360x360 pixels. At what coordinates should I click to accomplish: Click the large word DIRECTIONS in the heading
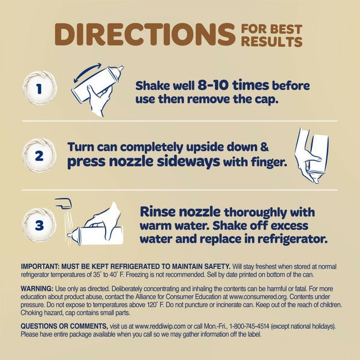point(145,34)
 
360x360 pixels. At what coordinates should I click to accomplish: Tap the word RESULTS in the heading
point(272,42)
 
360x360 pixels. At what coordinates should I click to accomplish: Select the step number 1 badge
point(40,88)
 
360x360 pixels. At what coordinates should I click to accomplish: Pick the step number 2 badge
point(39,155)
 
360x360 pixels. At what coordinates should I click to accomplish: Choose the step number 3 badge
point(39,225)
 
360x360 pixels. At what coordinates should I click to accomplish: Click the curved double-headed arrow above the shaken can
point(87,71)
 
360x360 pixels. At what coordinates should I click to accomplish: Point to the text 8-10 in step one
point(213,85)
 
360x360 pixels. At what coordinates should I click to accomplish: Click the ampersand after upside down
point(264,146)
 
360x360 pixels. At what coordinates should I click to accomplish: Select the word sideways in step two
point(188,161)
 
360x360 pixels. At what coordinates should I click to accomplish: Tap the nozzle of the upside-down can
point(316,179)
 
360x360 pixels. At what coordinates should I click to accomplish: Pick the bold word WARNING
point(37,289)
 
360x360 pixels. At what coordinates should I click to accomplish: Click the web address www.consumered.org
point(258,296)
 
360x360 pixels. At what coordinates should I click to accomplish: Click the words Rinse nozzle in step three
point(180,211)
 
